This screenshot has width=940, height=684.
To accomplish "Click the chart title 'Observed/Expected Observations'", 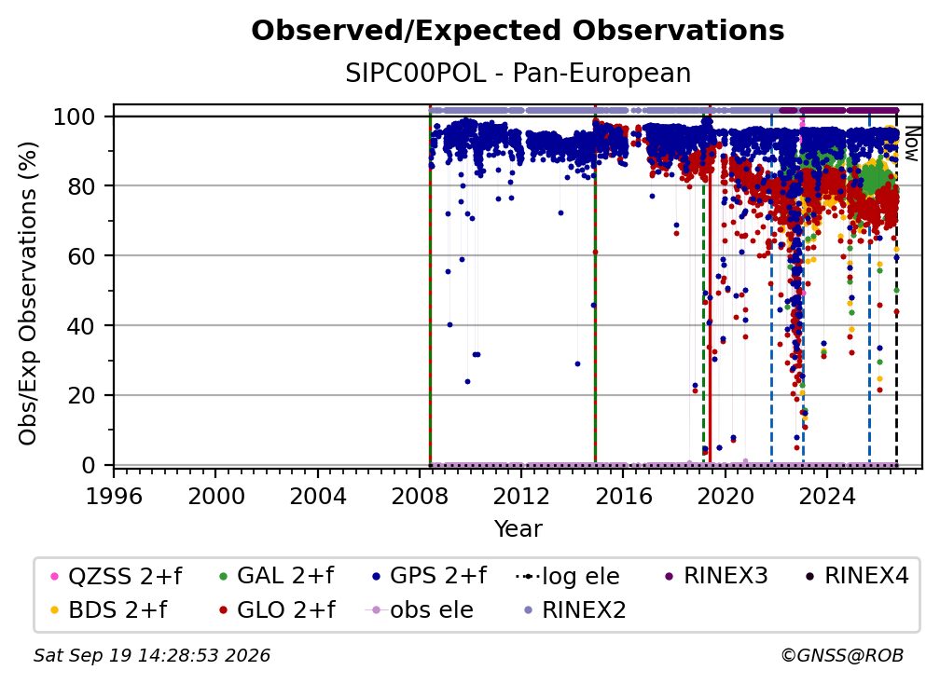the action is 518,31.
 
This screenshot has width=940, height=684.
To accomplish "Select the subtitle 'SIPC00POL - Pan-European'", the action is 518,73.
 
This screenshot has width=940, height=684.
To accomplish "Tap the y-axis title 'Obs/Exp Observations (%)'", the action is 28,293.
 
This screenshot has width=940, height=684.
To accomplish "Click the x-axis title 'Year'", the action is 518,528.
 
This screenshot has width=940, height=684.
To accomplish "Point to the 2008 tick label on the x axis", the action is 420,496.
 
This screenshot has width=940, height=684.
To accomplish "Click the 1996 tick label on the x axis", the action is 114,496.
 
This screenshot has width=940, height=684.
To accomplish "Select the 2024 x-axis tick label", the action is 826,496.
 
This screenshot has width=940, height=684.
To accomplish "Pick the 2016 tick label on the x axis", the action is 623,496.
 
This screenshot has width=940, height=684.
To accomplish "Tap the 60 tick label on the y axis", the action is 81,255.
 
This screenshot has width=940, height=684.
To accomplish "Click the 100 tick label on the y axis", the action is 75,116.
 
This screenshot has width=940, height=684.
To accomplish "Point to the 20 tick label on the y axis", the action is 81,395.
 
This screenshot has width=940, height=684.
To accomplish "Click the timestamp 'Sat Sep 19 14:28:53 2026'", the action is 152,655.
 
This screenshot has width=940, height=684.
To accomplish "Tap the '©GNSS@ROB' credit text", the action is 842,655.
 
